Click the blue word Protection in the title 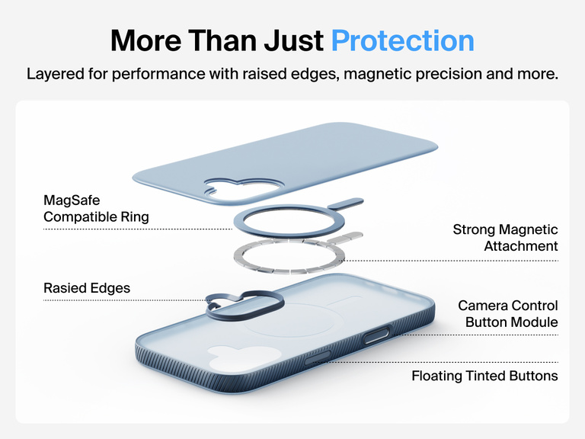point(402,40)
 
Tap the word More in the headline point(144,40)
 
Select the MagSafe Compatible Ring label point(96,209)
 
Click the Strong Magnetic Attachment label point(505,238)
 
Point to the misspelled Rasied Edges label point(87,288)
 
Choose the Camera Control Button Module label point(507,314)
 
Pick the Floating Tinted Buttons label point(484,376)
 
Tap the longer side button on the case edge point(379,335)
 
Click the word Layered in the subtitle point(53,75)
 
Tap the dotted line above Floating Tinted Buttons point(487,362)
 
